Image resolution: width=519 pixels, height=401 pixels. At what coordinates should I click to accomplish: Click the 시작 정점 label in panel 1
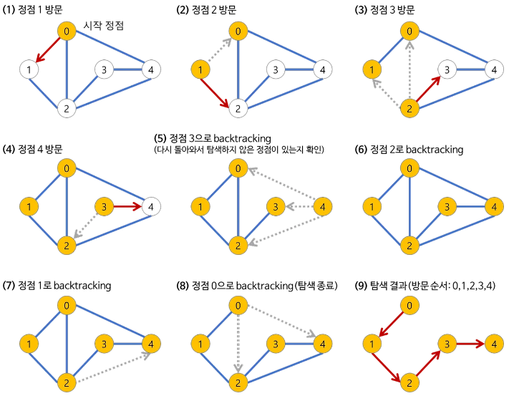(104, 25)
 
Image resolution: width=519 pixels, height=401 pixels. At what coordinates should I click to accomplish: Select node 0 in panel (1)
(67, 32)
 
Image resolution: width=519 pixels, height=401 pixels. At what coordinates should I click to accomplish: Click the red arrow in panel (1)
(47, 50)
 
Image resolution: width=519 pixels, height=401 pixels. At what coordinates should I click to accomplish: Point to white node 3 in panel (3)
(447, 69)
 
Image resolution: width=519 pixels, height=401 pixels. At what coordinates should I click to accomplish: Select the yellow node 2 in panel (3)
(409, 108)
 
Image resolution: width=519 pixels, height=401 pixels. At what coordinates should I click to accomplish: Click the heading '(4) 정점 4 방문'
(34, 149)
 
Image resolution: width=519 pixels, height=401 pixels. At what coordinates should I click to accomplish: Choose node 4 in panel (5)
(323, 208)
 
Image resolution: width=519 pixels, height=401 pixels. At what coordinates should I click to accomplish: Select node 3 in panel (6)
(447, 208)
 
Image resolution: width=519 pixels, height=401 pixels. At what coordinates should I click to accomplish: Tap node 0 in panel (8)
(238, 306)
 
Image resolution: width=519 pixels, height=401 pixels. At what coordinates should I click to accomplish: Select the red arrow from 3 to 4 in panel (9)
(467, 344)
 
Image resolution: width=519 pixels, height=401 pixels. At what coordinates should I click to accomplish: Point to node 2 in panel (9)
(409, 383)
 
